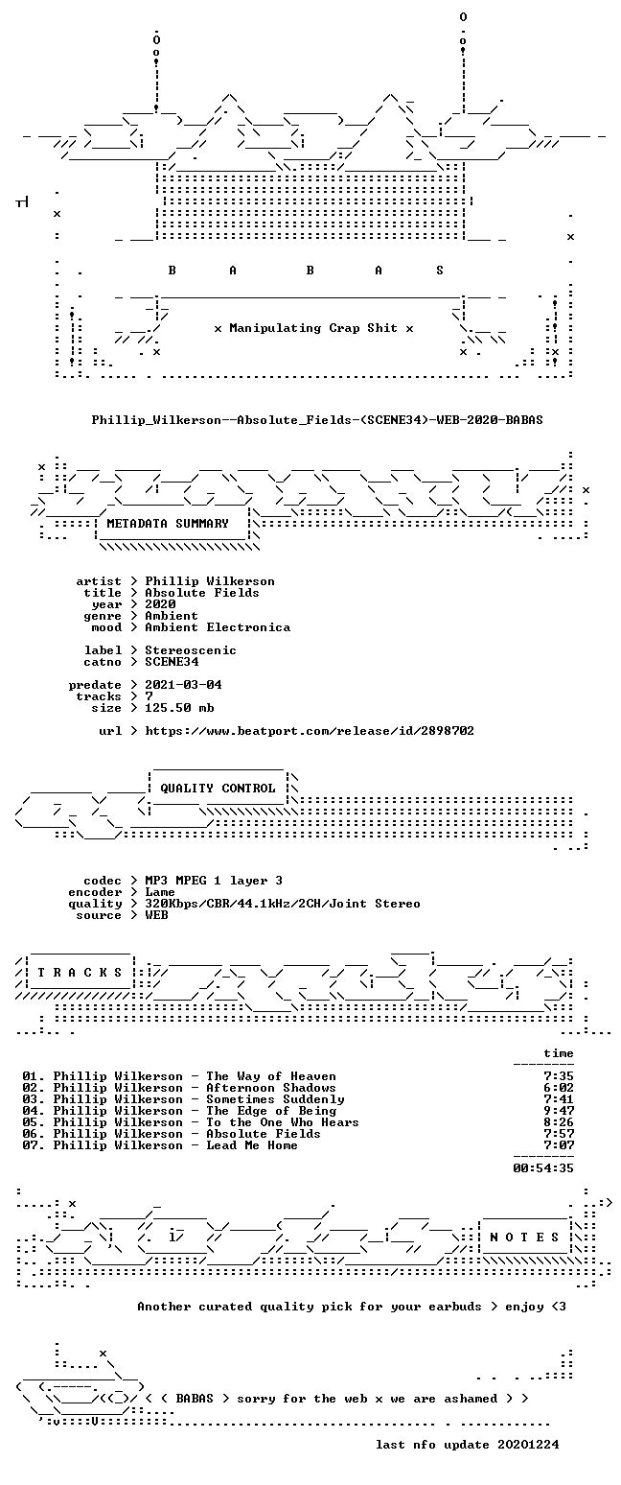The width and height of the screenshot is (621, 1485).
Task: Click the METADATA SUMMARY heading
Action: [168, 524]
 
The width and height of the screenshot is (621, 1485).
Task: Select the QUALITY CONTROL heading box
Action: [218, 789]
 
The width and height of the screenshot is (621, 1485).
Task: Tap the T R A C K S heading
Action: [80, 973]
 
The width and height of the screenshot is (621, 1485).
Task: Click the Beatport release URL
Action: [310, 731]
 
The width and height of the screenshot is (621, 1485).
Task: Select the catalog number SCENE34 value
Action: [172, 662]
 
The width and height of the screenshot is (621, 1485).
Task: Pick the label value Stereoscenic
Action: [191, 650]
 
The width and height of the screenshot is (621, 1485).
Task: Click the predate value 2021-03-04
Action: [183, 685]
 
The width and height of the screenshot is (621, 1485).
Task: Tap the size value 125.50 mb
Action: [179, 708]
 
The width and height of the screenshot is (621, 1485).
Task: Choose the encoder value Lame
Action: [160, 892]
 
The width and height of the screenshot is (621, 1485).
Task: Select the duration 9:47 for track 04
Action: [559, 1111]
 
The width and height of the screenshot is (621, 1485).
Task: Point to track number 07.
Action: [33, 1144]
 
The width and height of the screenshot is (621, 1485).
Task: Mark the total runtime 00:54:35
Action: [543, 1168]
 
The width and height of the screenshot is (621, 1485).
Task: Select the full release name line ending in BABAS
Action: [317, 419]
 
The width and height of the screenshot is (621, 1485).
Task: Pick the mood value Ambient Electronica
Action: [218, 627]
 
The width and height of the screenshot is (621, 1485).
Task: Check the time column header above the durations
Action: [559, 1053]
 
